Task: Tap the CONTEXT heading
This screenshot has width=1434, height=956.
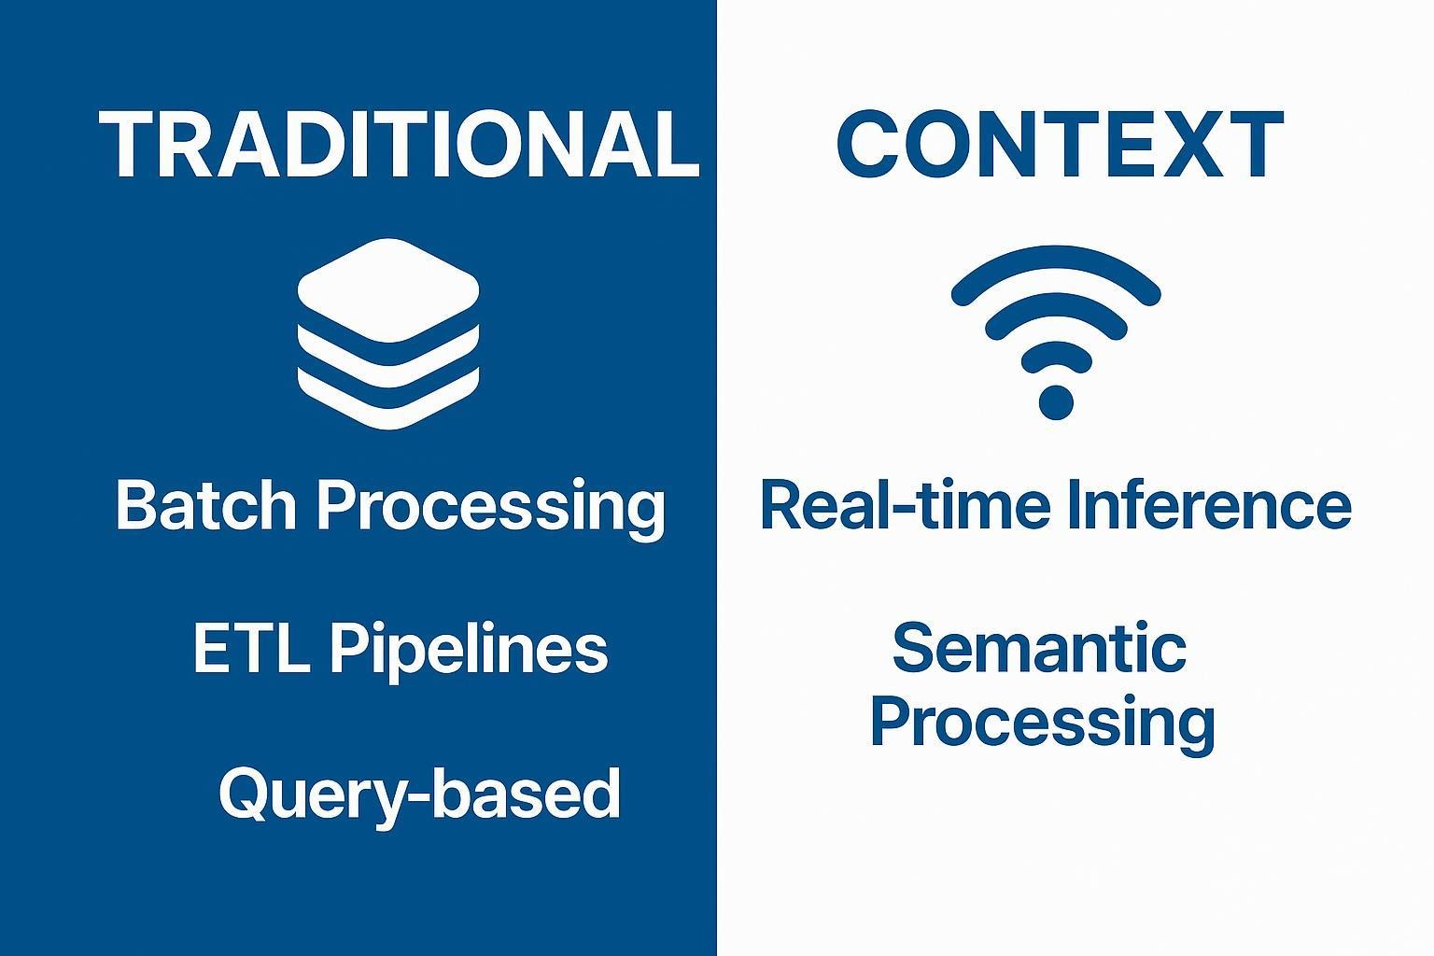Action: pos(1059,145)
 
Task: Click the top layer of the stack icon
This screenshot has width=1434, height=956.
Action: pos(388,289)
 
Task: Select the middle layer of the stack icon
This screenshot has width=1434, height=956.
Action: pos(388,350)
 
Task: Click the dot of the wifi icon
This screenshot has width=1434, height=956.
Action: pos(1056,402)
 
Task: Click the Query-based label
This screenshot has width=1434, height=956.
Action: pos(419,794)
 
